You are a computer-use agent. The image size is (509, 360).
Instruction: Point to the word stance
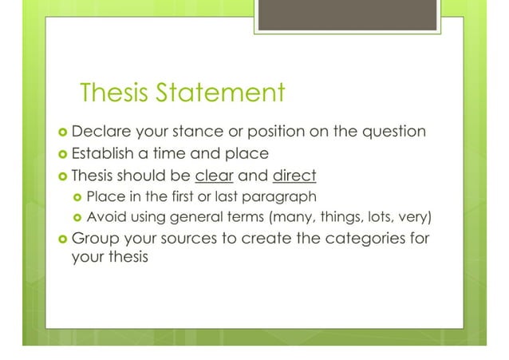[205, 130]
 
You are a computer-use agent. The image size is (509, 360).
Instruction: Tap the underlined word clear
[212, 174]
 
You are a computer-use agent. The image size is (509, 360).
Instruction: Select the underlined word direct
[294, 174]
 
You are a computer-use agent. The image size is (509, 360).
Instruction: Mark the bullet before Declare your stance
[61, 131]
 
